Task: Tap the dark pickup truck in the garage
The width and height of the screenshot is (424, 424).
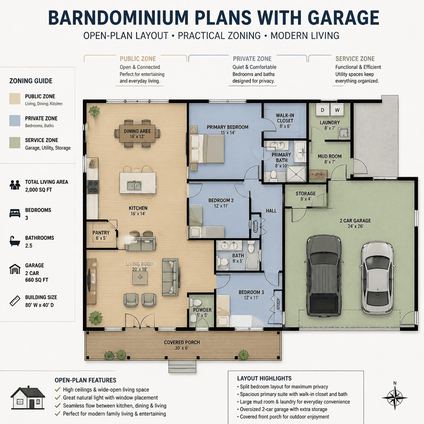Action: point(323,275)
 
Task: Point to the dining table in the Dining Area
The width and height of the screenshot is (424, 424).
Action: point(137,134)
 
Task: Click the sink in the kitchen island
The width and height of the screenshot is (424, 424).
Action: point(134,186)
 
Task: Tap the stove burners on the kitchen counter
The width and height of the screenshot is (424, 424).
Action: point(92,187)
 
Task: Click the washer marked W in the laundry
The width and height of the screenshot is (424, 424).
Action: point(337,110)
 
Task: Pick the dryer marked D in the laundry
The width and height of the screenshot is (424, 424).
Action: point(323,110)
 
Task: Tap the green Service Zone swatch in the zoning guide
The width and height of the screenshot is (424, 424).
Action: point(15,142)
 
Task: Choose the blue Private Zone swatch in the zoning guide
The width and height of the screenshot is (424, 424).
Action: point(15,120)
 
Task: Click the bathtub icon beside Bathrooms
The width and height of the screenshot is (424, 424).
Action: point(15,241)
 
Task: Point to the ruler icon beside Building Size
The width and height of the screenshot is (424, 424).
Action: point(15,301)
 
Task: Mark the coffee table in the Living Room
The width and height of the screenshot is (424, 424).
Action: point(140,278)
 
